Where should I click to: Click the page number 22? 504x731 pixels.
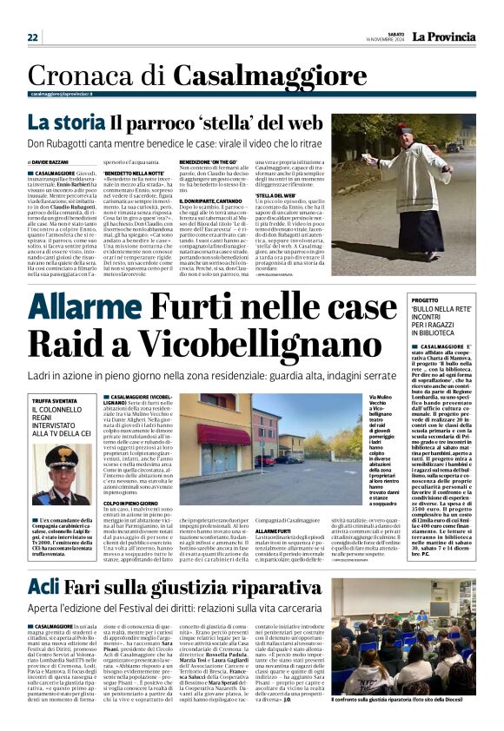click(x=32, y=37)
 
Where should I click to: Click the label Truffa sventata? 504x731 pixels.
click(x=54, y=400)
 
